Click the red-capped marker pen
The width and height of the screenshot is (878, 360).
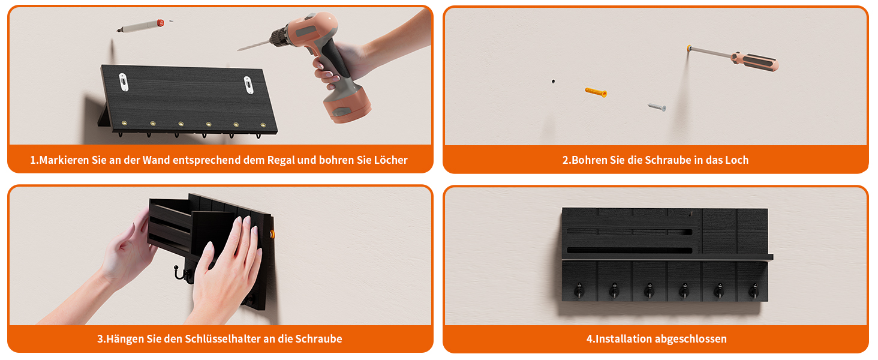click(x=140, y=26)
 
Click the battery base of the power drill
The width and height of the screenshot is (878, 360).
click(x=347, y=105)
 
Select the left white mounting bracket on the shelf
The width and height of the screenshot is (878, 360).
click(x=124, y=82)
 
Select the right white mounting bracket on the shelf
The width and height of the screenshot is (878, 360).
click(x=248, y=85)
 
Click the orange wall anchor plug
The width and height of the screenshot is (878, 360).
click(x=596, y=92)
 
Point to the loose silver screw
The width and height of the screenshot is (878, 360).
click(x=657, y=107)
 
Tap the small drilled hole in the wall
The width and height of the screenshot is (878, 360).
click(x=553, y=82)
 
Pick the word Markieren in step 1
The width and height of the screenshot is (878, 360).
click(x=64, y=160)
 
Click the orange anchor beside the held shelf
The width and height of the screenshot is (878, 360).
click(x=271, y=234)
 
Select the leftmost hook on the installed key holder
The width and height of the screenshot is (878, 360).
click(x=579, y=290)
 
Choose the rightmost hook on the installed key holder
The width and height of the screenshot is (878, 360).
click(x=753, y=290)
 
